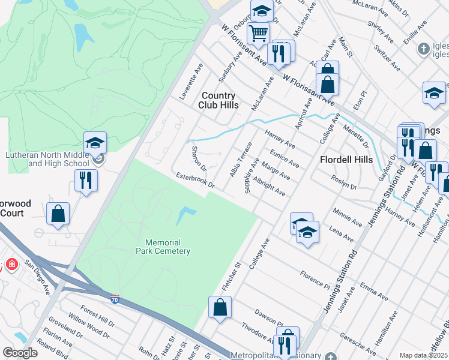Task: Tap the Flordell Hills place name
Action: point(346,160)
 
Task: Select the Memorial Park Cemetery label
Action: point(163,247)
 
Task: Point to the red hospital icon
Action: point(11,264)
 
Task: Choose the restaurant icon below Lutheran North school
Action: point(86,179)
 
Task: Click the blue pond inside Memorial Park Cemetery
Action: point(186,213)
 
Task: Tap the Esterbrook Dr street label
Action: point(195,181)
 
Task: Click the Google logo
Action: point(20,353)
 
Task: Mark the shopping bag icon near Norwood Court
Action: point(58,214)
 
